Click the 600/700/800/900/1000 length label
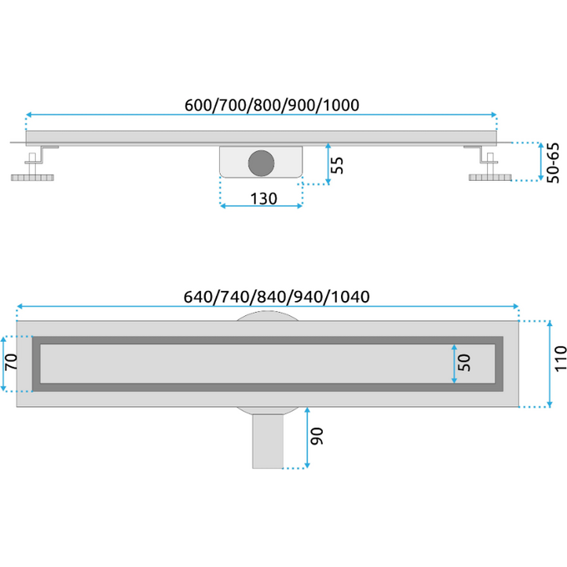point(272,105)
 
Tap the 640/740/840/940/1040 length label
point(277,297)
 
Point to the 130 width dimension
point(263,198)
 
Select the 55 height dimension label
point(337,165)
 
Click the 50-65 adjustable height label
point(553,163)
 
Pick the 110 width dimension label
point(560,359)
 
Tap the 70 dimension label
point(11,362)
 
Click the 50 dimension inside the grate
point(464,363)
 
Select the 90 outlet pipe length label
point(317,436)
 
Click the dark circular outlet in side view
point(261,163)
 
